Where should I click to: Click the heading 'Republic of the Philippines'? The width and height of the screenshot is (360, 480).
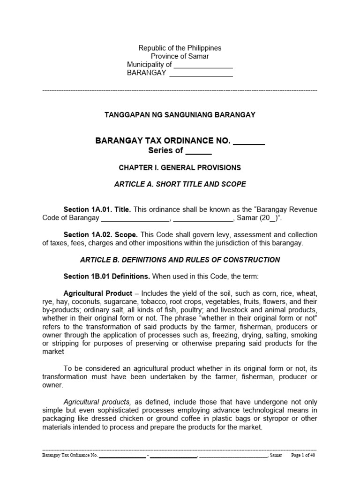pyautogui.click(x=180, y=48)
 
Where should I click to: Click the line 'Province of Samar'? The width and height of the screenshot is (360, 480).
pyautogui.click(x=180, y=56)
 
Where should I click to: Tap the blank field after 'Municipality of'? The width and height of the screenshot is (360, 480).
pyautogui.click(x=203, y=65)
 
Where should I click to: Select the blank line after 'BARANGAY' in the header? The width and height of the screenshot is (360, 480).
pyautogui.click(x=201, y=73)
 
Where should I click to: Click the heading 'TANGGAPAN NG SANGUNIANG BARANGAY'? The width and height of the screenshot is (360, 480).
pyautogui.click(x=180, y=115)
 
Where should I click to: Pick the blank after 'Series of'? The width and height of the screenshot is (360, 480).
pyautogui.click(x=198, y=150)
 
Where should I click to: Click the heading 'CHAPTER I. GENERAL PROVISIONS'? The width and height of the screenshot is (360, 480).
pyautogui.click(x=180, y=167)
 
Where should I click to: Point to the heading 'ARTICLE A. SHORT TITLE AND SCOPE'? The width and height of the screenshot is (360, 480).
pyautogui.click(x=180, y=184)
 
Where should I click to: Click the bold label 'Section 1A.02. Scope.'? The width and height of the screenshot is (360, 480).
pyautogui.click(x=101, y=234)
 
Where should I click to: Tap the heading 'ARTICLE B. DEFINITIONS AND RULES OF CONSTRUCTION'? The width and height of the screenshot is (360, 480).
pyautogui.click(x=180, y=260)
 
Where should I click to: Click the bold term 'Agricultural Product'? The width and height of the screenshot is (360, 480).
pyautogui.click(x=97, y=293)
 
